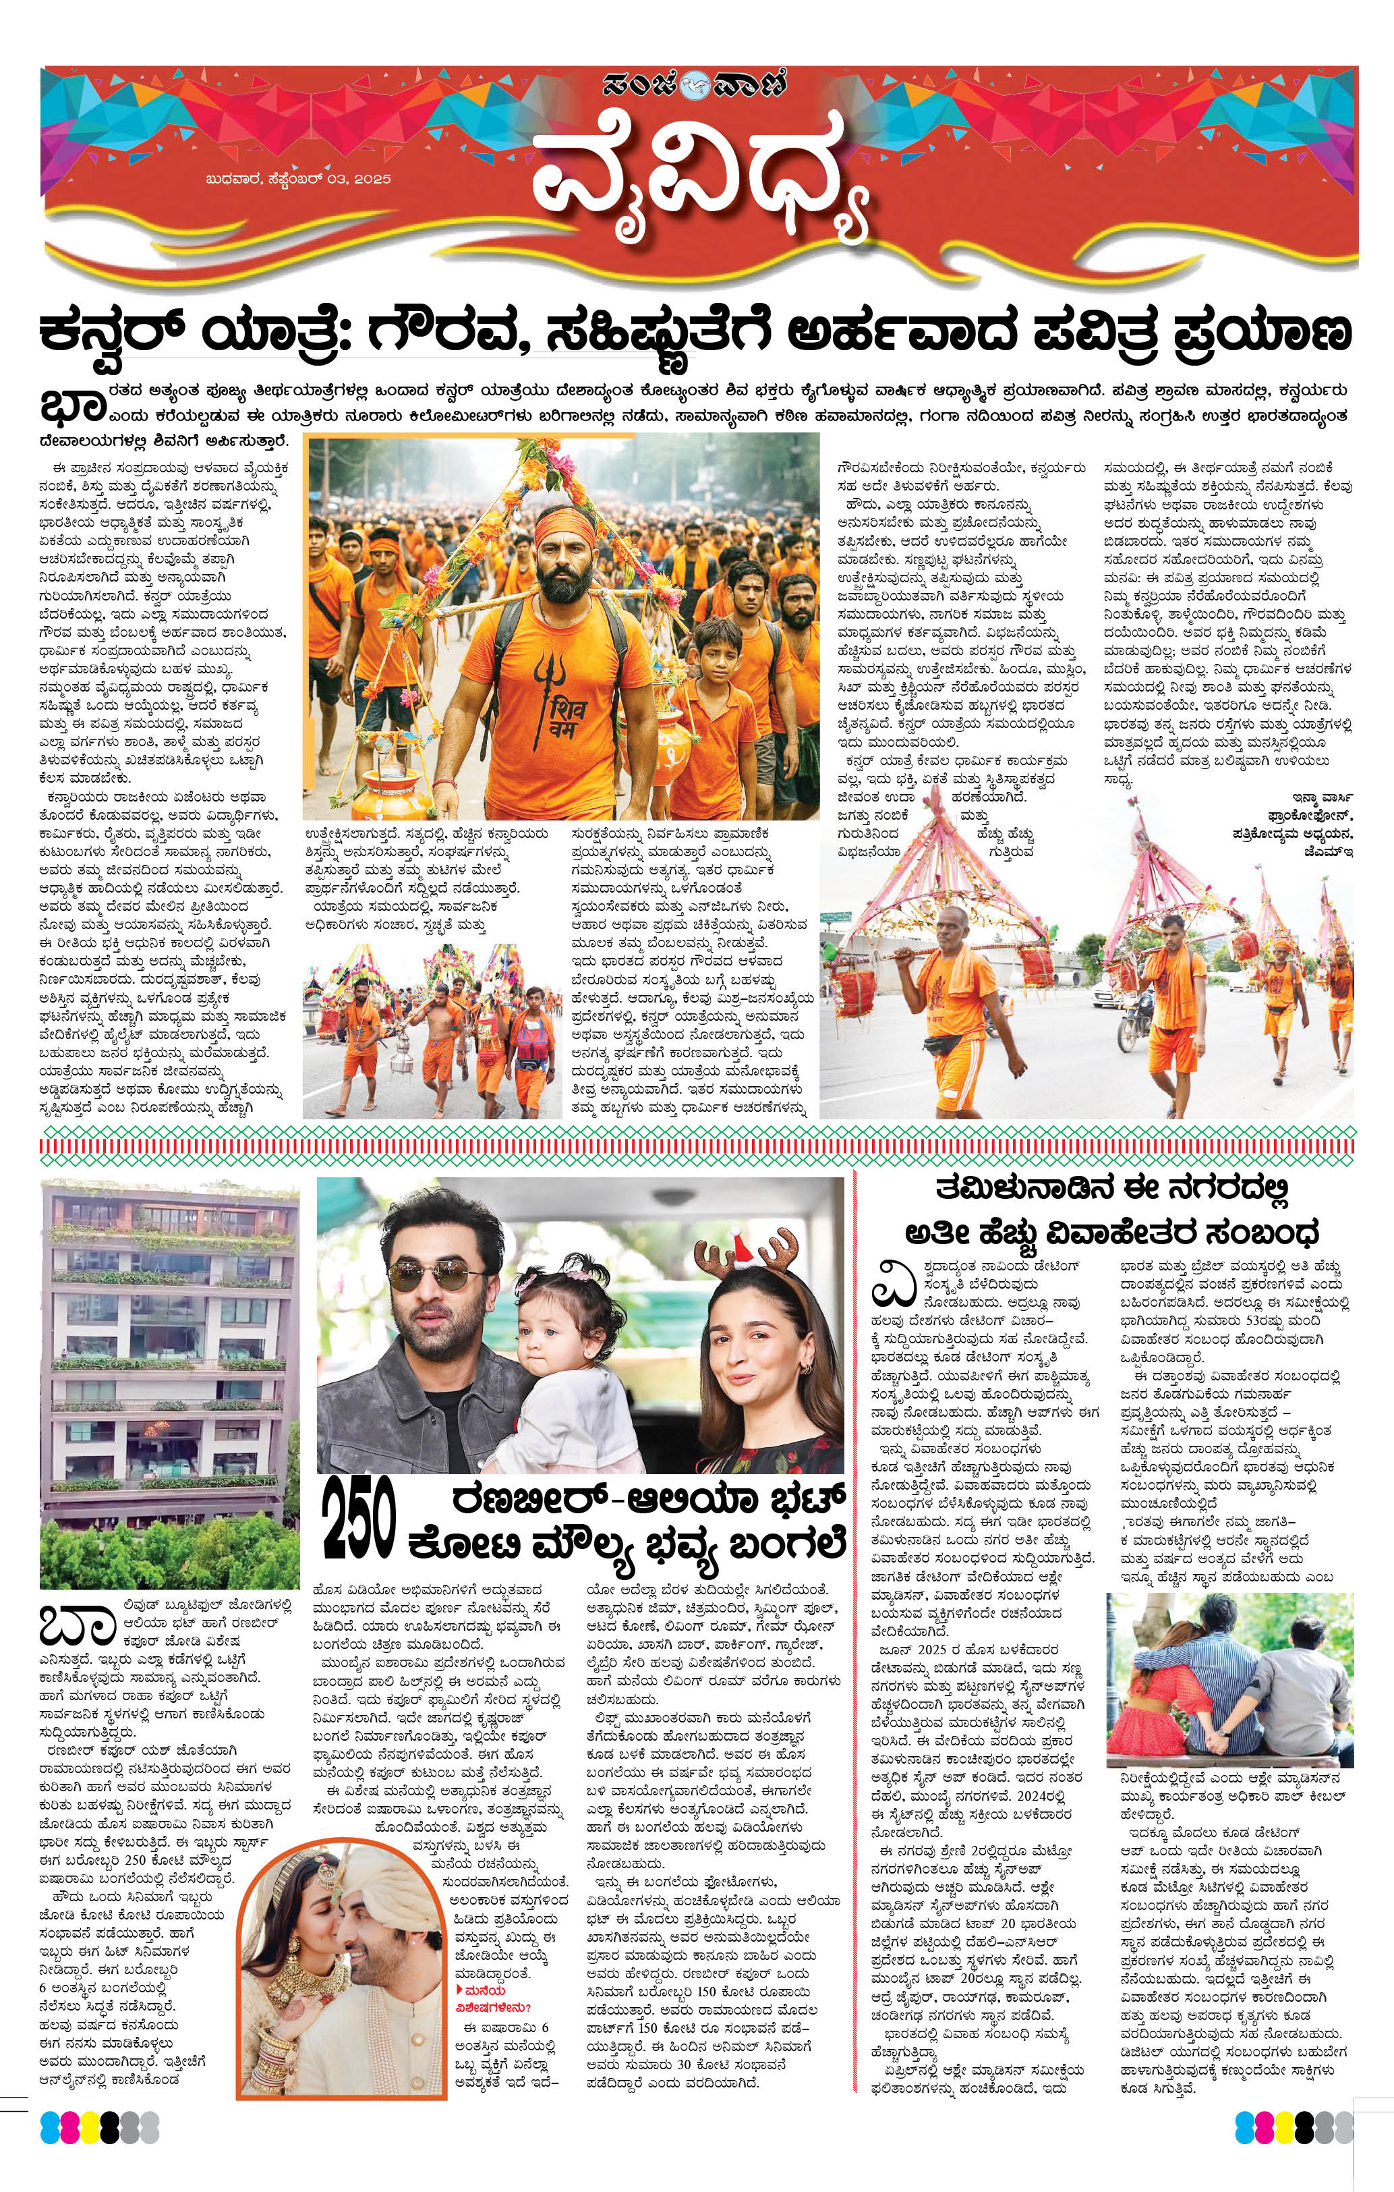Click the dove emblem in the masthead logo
695,90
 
